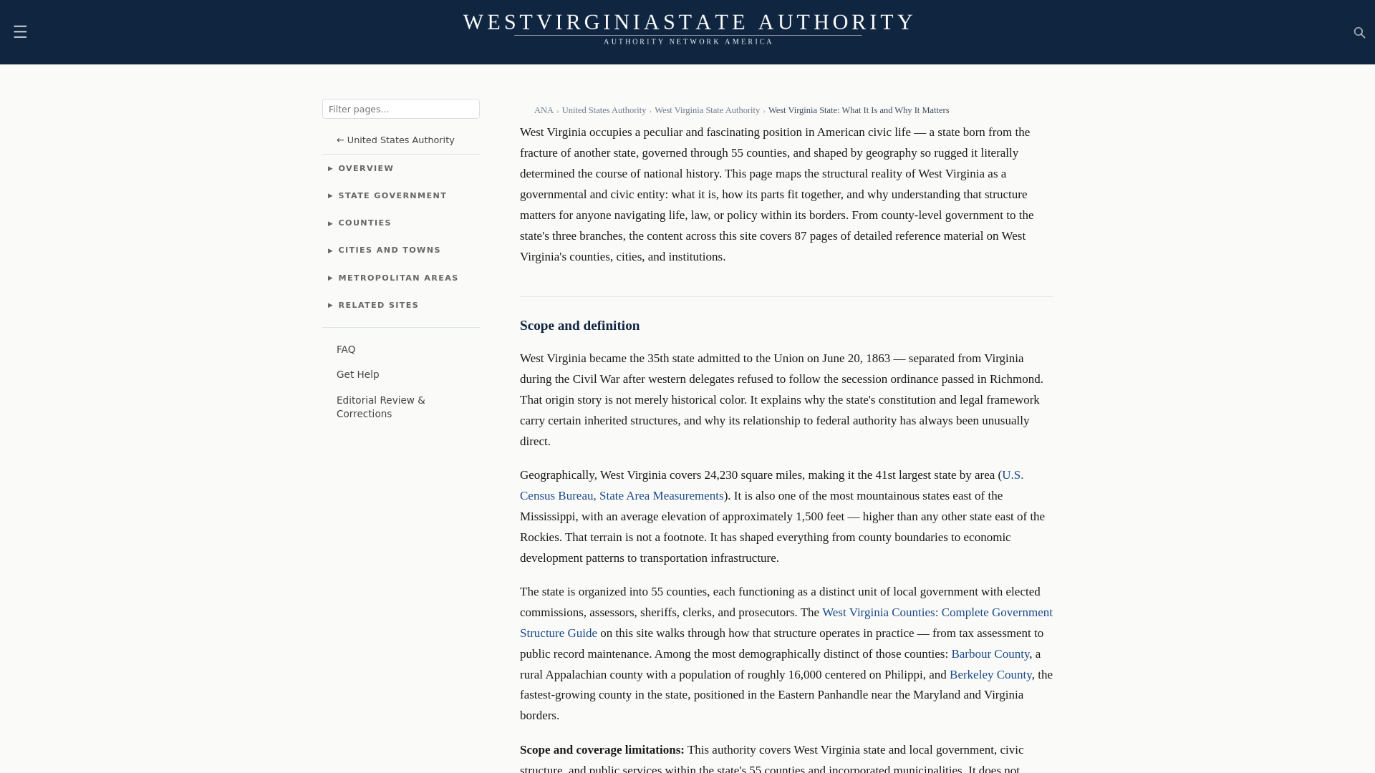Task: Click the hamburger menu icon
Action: pos(20,32)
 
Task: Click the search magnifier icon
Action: pos(1359,33)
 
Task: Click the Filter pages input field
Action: pos(400,109)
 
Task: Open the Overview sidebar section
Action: pos(365,169)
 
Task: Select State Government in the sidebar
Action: pos(392,196)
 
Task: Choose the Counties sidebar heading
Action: pos(364,223)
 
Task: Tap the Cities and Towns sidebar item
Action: pos(389,251)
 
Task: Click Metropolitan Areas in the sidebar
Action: pos(397,278)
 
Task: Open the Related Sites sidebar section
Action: pos(377,306)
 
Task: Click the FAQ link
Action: pos(346,349)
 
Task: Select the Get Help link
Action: pos(357,374)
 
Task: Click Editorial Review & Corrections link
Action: pos(380,407)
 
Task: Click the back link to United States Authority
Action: pos(395,140)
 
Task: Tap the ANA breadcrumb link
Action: pos(544,110)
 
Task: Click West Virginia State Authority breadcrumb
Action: pos(707,110)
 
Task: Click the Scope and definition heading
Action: pos(579,326)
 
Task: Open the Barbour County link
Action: pos(990,654)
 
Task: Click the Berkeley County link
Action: pos(990,675)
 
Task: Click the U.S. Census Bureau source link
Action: pos(622,496)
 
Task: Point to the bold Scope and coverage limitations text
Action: pos(602,750)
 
